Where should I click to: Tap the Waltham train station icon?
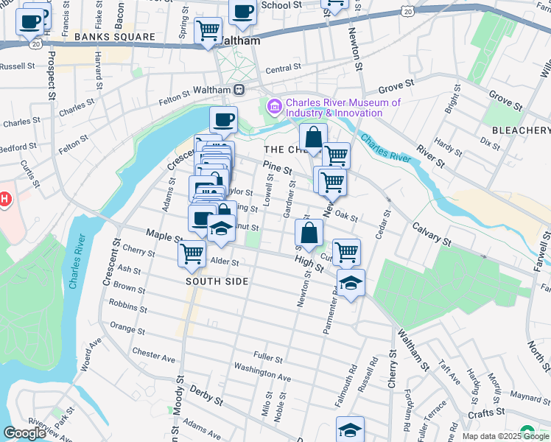click(239, 89)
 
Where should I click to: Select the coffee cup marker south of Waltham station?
click(223, 119)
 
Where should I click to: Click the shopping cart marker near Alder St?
click(192, 253)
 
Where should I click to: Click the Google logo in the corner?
click(24, 433)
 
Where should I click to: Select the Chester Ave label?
click(153, 355)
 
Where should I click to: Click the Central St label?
click(279, 70)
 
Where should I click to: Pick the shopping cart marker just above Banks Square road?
click(208, 31)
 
